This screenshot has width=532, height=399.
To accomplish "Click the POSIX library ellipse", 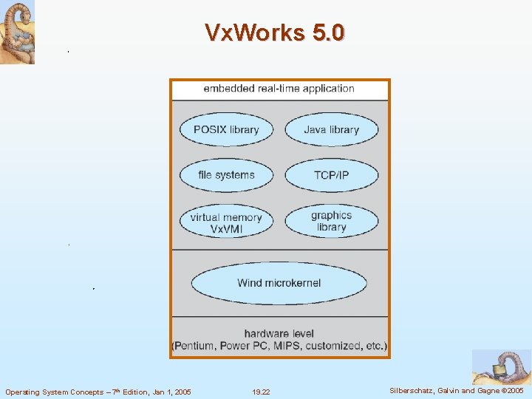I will point(226,130).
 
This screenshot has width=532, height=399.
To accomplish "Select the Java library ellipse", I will point(331,130).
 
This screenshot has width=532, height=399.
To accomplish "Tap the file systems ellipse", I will point(226,176).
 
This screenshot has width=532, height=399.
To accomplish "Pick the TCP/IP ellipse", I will point(331,176).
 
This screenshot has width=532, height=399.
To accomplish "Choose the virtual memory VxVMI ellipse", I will point(226,222).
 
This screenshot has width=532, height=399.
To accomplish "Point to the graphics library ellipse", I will point(331,221).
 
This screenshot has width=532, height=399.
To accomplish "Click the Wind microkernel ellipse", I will point(279,283).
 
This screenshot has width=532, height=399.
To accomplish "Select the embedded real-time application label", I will point(279,89).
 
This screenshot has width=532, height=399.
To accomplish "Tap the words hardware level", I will point(279,333).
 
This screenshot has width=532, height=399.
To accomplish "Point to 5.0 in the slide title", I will point(328,33).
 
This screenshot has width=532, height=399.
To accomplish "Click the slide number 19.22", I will point(261,392).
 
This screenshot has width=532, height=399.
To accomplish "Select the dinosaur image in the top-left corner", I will point(17,32).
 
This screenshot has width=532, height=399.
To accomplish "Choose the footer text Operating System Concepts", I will point(54,392).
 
